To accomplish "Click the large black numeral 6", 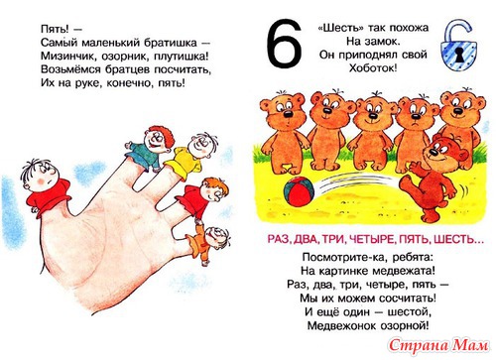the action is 284,45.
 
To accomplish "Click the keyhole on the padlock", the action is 459,55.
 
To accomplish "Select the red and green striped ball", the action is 299,191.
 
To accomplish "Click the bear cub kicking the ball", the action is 434,179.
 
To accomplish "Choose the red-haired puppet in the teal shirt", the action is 151,147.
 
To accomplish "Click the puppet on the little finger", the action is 205,243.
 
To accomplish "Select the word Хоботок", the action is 373,68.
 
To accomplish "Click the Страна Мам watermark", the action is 438,346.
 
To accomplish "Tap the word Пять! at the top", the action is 56,30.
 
